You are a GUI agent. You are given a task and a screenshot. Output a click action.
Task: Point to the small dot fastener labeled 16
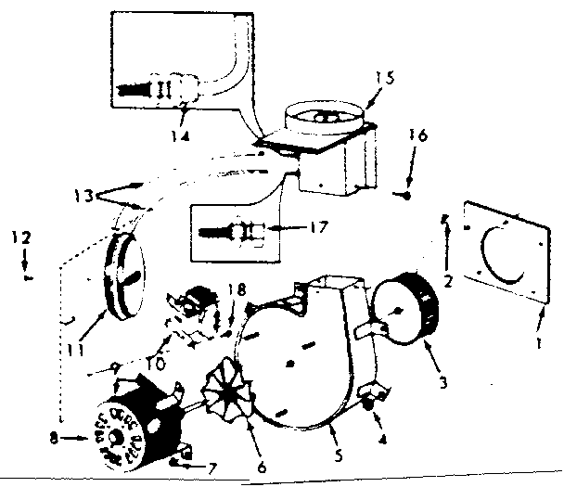(407, 196)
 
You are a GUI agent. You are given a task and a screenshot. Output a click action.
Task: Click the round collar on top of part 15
(322, 116)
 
